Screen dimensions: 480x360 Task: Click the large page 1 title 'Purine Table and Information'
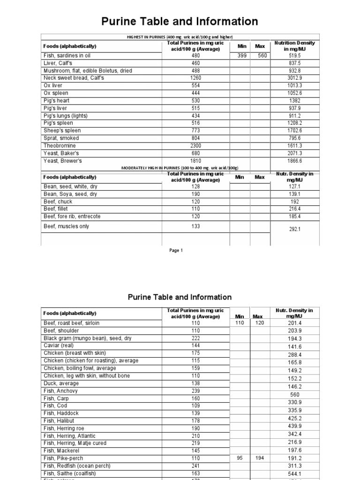tap(180, 21)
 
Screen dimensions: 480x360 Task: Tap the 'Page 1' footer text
tap(176, 250)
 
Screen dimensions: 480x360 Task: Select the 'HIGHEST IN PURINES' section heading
tap(180, 37)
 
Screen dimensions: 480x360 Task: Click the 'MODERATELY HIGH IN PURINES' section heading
tap(180, 168)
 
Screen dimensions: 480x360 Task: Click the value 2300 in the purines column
tap(195, 146)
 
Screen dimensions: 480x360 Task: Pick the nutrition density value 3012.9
tap(294, 78)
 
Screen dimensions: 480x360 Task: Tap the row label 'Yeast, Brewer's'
tap(62, 161)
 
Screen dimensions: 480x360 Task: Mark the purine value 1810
tap(195, 161)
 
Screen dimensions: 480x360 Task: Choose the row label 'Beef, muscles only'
tap(66, 226)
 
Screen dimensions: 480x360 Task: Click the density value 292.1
tap(294, 230)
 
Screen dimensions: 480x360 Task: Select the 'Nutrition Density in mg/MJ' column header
tap(294, 46)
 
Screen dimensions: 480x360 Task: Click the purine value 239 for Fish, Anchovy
tap(195, 390)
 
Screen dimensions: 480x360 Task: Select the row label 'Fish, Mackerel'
tap(61, 450)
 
